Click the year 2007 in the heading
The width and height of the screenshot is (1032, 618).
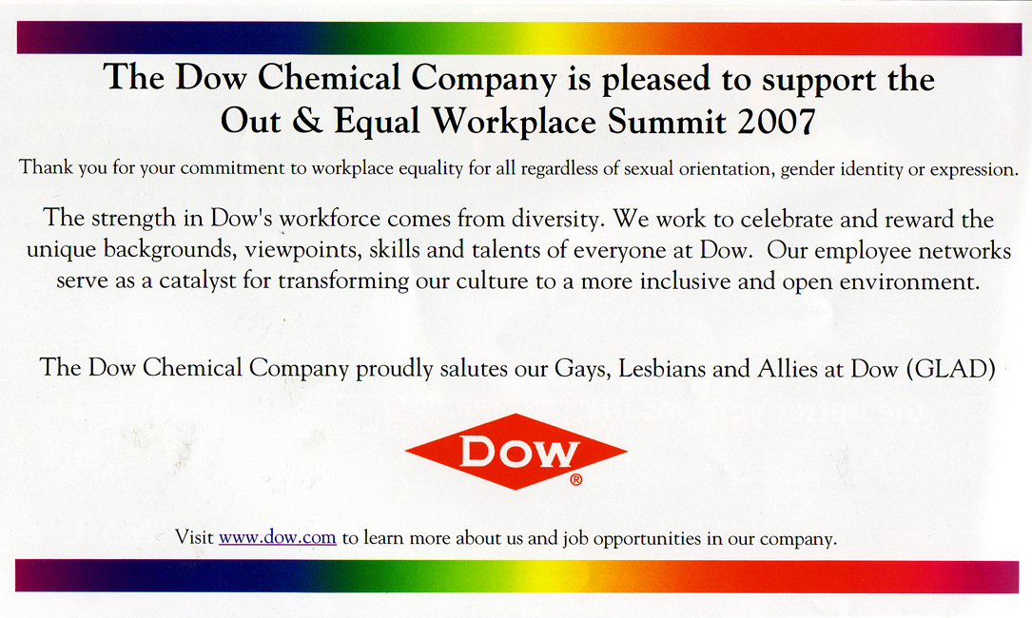coord(777,121)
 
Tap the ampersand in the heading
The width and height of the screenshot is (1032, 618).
coord(306,121)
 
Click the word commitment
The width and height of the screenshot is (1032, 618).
coord(234,168)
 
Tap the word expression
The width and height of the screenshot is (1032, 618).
coord(973,170)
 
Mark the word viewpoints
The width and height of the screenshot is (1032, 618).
coord(302,250)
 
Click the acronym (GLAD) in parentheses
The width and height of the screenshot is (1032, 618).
coord(951,369)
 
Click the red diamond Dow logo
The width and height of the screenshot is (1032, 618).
coord(516,452)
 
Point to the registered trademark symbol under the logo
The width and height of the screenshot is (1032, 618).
coord(575,480)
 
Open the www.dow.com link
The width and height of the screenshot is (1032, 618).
coord(277,537)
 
